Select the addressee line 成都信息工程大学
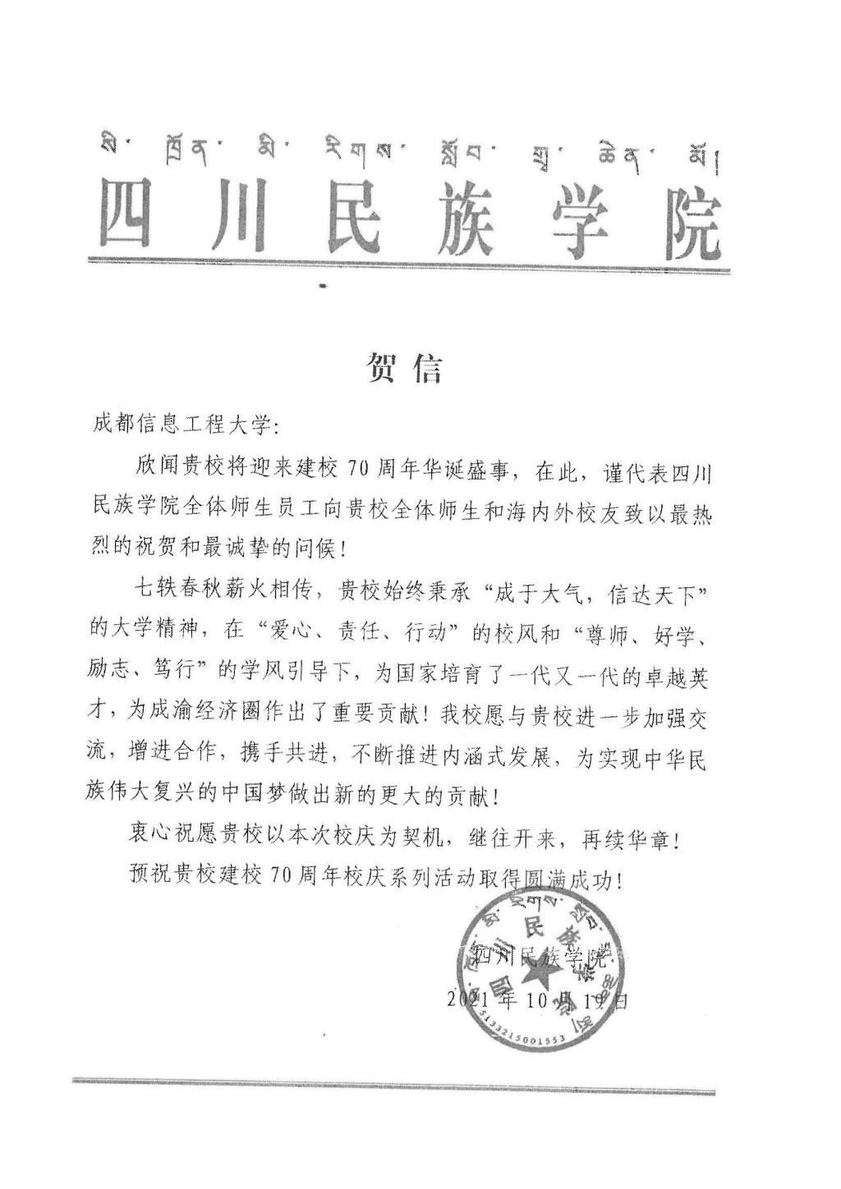point(187,427)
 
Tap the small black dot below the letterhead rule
point(322,287)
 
